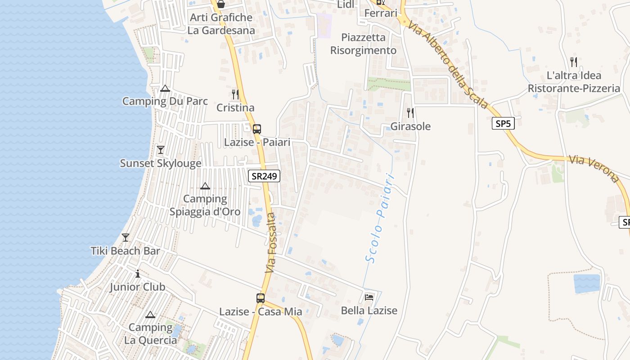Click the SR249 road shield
(264, 176)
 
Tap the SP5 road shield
(503, 123)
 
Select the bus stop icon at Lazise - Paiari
(256, 129)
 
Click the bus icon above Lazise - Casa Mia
(260, 298)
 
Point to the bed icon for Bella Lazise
(369, 297)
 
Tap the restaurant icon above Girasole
(410, 112)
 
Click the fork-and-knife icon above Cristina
(235, 94)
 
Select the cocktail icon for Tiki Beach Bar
(126, 237)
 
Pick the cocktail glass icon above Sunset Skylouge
(161, 149)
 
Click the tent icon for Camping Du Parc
(165, 88)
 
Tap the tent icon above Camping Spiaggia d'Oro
(205, 185)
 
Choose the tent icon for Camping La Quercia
(150, 314)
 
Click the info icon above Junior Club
(138, 274)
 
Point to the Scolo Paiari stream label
(380, 218)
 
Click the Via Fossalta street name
(270, 243)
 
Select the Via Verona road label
(594, 168)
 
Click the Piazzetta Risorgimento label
(364, 44)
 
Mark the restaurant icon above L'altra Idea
(573, 62)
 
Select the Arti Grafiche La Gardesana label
(221, 24)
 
